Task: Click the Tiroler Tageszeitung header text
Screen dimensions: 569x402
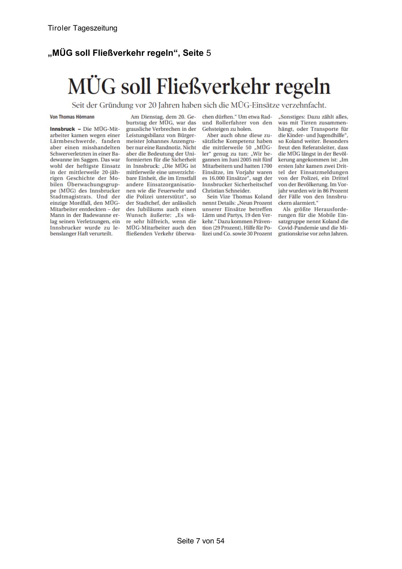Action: pos(82,28)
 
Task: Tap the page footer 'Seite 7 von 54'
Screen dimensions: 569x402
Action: pos(201,541)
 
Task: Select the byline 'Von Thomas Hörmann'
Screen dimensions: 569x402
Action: pos(72,117)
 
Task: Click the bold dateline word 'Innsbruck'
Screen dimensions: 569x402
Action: pos(63,129)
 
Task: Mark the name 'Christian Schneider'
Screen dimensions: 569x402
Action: pos(226,190)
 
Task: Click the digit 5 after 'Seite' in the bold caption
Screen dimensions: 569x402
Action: pos(209,53)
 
